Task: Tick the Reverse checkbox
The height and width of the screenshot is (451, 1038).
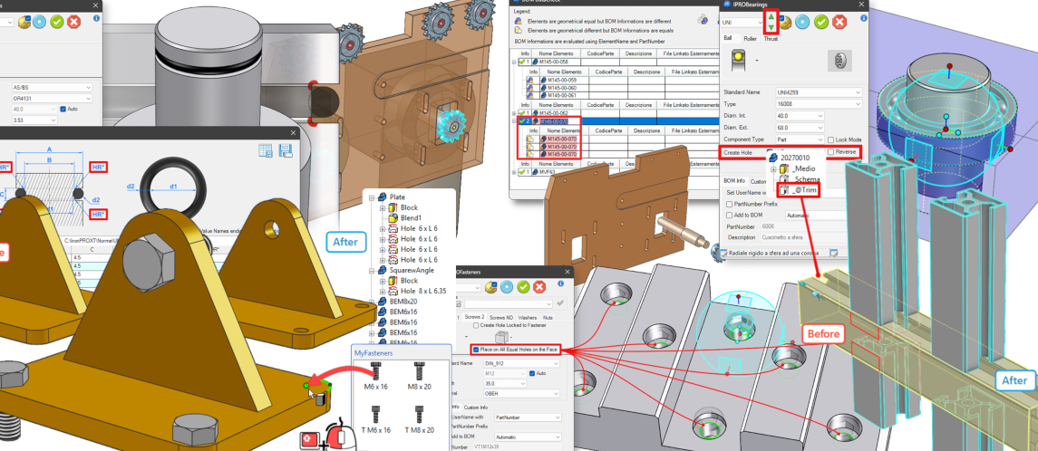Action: pos(831,152)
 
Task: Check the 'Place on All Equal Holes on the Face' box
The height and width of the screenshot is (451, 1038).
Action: pos(475,350)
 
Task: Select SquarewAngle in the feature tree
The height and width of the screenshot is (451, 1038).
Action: pos(413,270)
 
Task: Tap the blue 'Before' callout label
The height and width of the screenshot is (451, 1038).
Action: pos(823,333)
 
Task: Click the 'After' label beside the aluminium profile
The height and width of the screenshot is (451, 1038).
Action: pos(1015,380)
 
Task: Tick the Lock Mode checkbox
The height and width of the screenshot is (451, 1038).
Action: pos(831,139)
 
